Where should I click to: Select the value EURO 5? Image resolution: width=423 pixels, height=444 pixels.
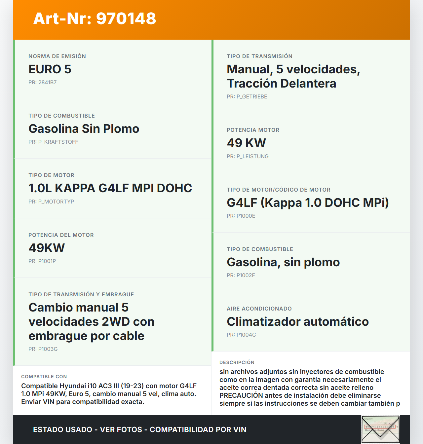click(x=50, y=69)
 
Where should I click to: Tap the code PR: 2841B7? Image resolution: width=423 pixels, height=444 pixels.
click(x=43, y=83)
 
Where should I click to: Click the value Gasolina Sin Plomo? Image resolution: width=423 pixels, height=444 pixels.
click(x=84, y=129)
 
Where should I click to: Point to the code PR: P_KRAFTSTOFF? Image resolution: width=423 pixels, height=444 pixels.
click(x=53, y=142)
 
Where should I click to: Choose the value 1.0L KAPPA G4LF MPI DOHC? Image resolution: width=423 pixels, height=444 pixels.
click(x=110, y=188)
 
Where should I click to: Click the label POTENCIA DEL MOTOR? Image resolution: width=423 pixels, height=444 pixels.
click(x=61, y=235)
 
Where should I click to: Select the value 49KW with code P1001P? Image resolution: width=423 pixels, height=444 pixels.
click(x=47, y=248)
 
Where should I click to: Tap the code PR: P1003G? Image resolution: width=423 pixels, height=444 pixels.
click(x=43, y=349)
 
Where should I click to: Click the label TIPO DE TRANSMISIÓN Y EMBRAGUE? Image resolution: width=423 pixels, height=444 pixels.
click(x=81, y=294)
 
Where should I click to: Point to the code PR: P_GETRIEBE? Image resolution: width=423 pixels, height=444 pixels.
click(x=247, y=97)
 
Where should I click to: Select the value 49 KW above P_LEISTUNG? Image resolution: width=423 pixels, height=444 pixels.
click(x=246, y=143)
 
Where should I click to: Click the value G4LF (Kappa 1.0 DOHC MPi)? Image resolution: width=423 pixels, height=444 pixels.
click(x=308, y=203)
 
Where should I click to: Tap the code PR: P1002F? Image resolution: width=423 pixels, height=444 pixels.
click(x=241, y=276)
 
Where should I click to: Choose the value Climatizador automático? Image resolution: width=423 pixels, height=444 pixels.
click(x=298, y=322)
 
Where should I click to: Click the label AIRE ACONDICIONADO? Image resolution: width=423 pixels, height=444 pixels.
click(x=259, y=309)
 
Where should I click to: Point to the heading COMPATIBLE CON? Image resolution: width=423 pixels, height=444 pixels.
click(x=44, y=377)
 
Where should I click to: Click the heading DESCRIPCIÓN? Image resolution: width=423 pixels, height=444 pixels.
click(x=237, y=362)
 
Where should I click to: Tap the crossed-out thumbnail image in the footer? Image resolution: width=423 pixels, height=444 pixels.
click(x=380, y=429)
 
